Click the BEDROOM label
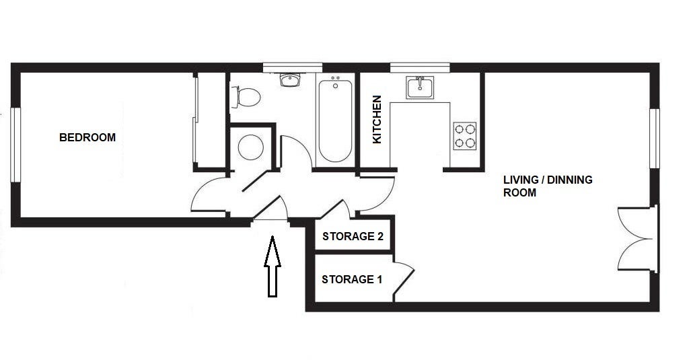(87, 137)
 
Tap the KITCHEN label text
(377, 120)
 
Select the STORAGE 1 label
(351, 279)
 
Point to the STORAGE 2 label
(353, 236)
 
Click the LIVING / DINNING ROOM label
(548, 186)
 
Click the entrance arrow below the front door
(273, 266)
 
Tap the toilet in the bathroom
(246, 97)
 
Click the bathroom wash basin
(290, 80)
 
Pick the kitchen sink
(420, 87)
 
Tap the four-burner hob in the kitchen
(464, 136)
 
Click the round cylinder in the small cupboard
(251, 147)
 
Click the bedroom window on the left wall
(15, 145)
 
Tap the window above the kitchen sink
(420, 67)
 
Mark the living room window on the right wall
(654, 139)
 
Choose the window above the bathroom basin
(293, 67)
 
